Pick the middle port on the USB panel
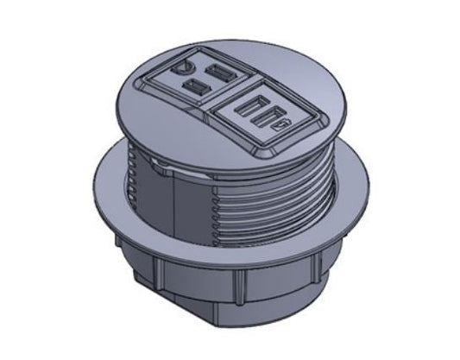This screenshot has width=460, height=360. pos(265,117)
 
